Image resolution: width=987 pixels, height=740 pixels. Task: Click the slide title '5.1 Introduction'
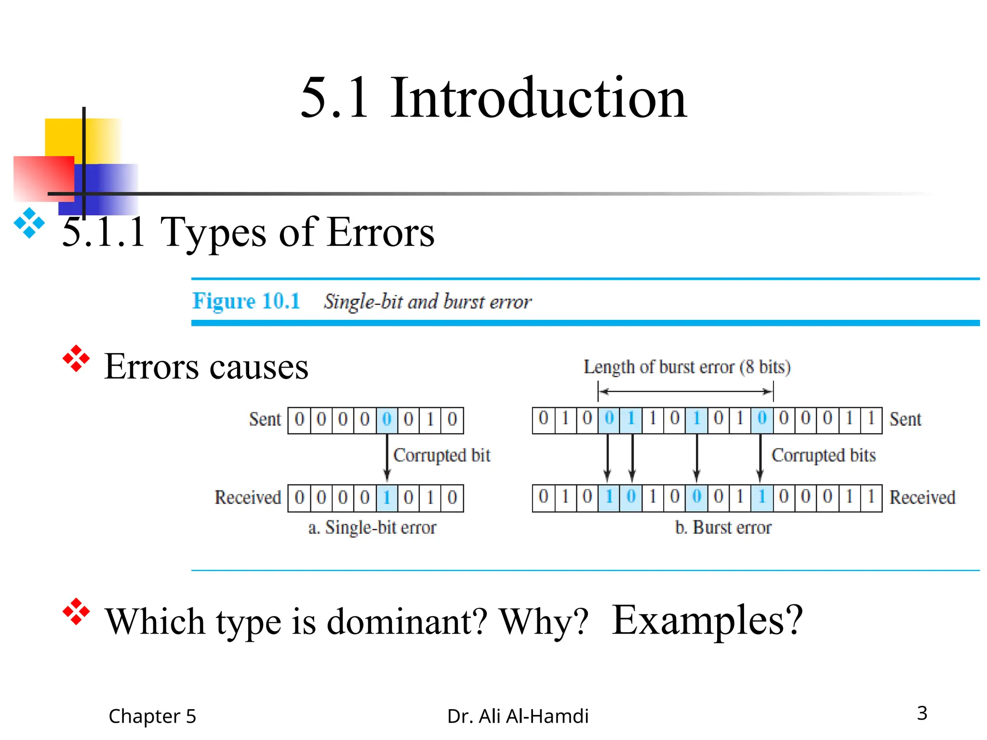coord(493,98)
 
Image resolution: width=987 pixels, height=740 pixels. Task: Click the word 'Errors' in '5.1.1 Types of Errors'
coord(380,232)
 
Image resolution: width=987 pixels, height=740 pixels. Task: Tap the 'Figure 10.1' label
coord(246,301)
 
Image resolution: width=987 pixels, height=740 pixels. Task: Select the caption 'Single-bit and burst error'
coord(427,302)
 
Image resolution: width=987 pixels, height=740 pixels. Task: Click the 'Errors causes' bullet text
coord(206,367)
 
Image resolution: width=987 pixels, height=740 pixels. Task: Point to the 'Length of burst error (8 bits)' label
coord(687,367)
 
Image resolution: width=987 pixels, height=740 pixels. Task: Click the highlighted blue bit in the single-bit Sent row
coord(387,420)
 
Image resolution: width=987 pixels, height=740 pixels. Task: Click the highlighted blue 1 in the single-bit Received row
coord(387,497)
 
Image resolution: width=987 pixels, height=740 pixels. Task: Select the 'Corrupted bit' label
coord(441,455)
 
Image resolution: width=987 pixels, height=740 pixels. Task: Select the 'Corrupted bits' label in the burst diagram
coord(823,455)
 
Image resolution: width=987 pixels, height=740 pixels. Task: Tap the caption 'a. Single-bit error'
coord(372,528)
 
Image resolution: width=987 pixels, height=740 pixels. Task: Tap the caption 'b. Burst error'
coord(723,528)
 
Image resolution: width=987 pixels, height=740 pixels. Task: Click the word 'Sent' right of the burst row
coord(905,419)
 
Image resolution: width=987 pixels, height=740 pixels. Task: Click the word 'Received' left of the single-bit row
coord(248,497)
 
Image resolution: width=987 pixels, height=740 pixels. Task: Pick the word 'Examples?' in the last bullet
coord(707,621)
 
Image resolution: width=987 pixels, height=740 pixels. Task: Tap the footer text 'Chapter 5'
coord(152,716)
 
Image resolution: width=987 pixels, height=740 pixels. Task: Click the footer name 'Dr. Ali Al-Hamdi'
coord(518,716)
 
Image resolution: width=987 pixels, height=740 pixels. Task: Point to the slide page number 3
coord(922,713)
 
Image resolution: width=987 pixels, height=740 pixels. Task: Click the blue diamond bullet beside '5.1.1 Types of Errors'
coord(29,223)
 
